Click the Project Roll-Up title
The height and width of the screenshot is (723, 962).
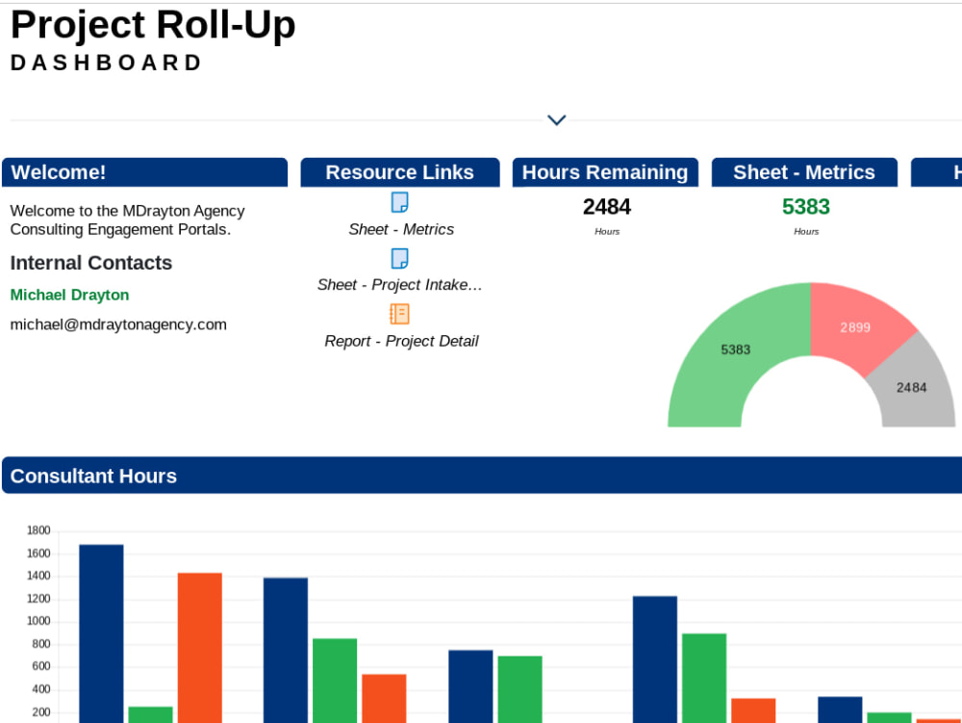pyautogui.click(x=153, y=25)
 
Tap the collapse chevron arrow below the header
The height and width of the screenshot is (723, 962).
pyautogui.click(x=556, y=120)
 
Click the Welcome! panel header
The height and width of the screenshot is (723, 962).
pyautogui.click(x=144, y=172)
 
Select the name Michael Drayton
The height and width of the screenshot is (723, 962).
pyautogui.click(x=69, y=295)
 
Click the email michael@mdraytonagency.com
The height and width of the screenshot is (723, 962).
pyautogui.click(x=118, y=324)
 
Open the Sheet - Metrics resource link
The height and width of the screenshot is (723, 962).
pyautogui.click(x=400, y=229)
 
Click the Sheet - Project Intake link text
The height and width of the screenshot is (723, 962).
pyautogui.click(x=399, y=285)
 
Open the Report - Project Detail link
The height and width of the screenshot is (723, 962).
pyautogui.click(x=401, y=341)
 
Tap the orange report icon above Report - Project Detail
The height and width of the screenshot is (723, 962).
pyautogui.click(x=399, y=314)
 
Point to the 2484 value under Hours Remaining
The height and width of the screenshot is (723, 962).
pyautogui.click(x=606, y=207)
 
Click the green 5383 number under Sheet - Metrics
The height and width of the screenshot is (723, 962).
pyautogui.click(x=805, y=207)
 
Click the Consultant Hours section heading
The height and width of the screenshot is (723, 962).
pyautogui.click(x=93, y=476)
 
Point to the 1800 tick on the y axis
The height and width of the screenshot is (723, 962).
pyautogui.click(x=38, y=530)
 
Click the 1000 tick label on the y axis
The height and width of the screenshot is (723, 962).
pyautogui.click(x=38, y=621)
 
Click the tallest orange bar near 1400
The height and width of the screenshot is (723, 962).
pyautogui.click(x=199, y=645)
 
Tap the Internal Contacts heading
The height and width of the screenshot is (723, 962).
pyautogui.click(x=90, y=263)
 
